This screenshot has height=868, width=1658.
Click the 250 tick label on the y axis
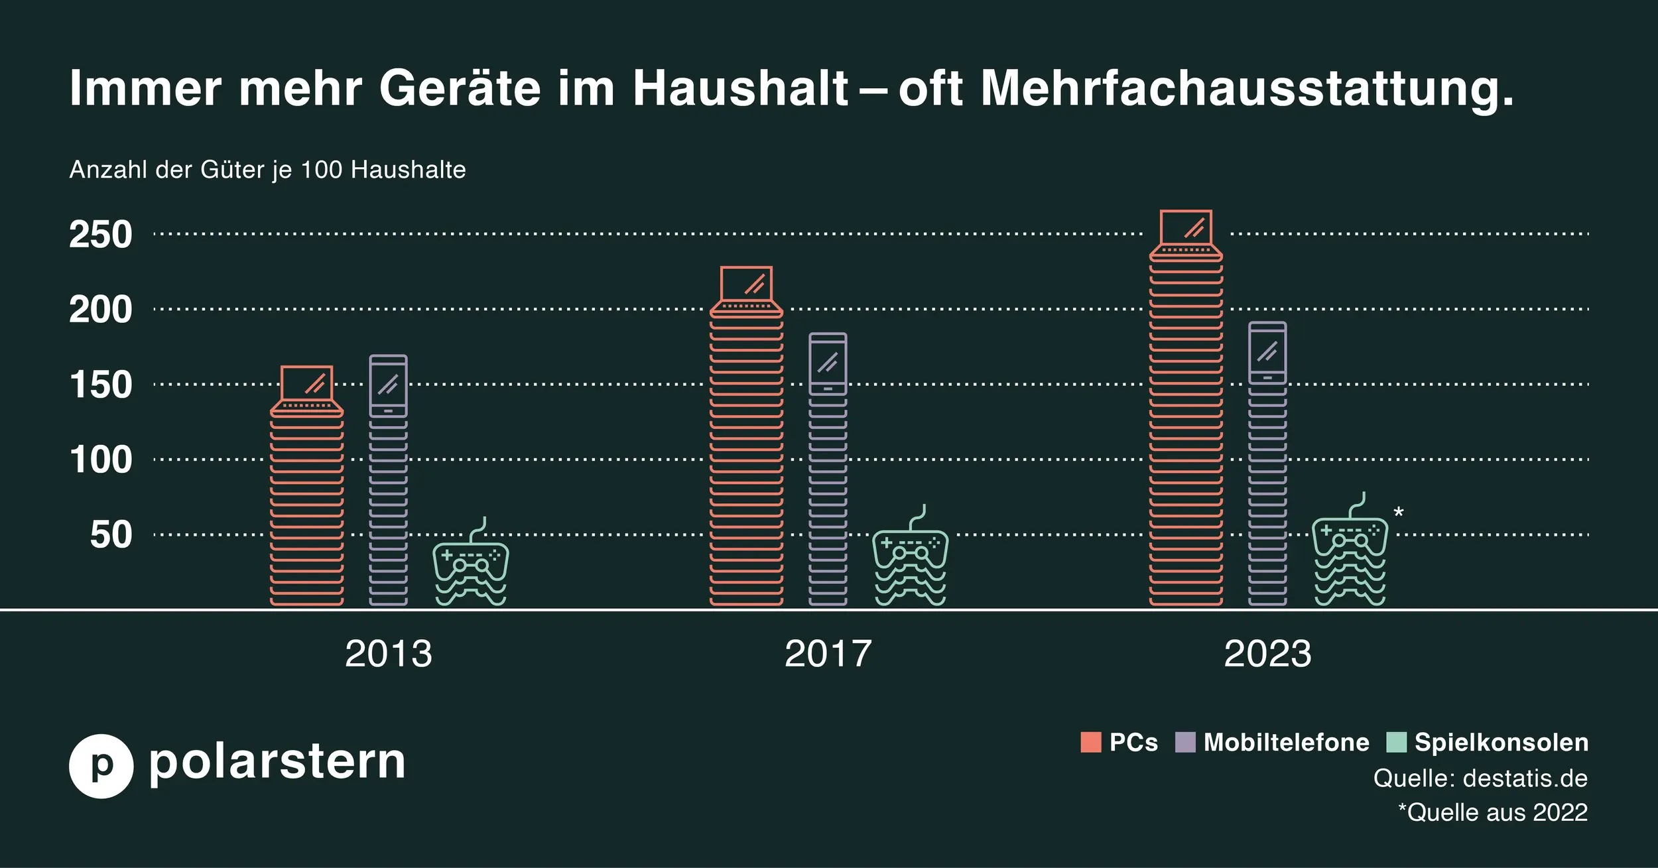coord(101,235)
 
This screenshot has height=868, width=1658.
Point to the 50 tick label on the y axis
coord(111,535)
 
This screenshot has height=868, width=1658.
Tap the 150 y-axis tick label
coord(101,385)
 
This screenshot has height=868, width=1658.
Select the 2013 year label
coord(389,654)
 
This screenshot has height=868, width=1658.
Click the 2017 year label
coord(828,654)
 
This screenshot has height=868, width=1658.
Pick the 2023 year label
coord(1267,654)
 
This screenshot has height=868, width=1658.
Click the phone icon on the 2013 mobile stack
coord(388,385)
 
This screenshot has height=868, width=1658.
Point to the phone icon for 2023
coord(1267,353)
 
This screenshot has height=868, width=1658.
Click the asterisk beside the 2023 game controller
coord(1399,513)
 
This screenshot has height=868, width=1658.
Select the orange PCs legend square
coord(1091,742)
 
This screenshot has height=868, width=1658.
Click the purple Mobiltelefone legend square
coord(1185,742)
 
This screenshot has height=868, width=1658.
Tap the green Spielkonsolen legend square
coord(1396,742)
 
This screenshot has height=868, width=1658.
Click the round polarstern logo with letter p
coord(101,766)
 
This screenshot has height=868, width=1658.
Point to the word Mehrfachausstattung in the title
coord(1247,88)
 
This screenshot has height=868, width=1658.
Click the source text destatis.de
coord(1525,778)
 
